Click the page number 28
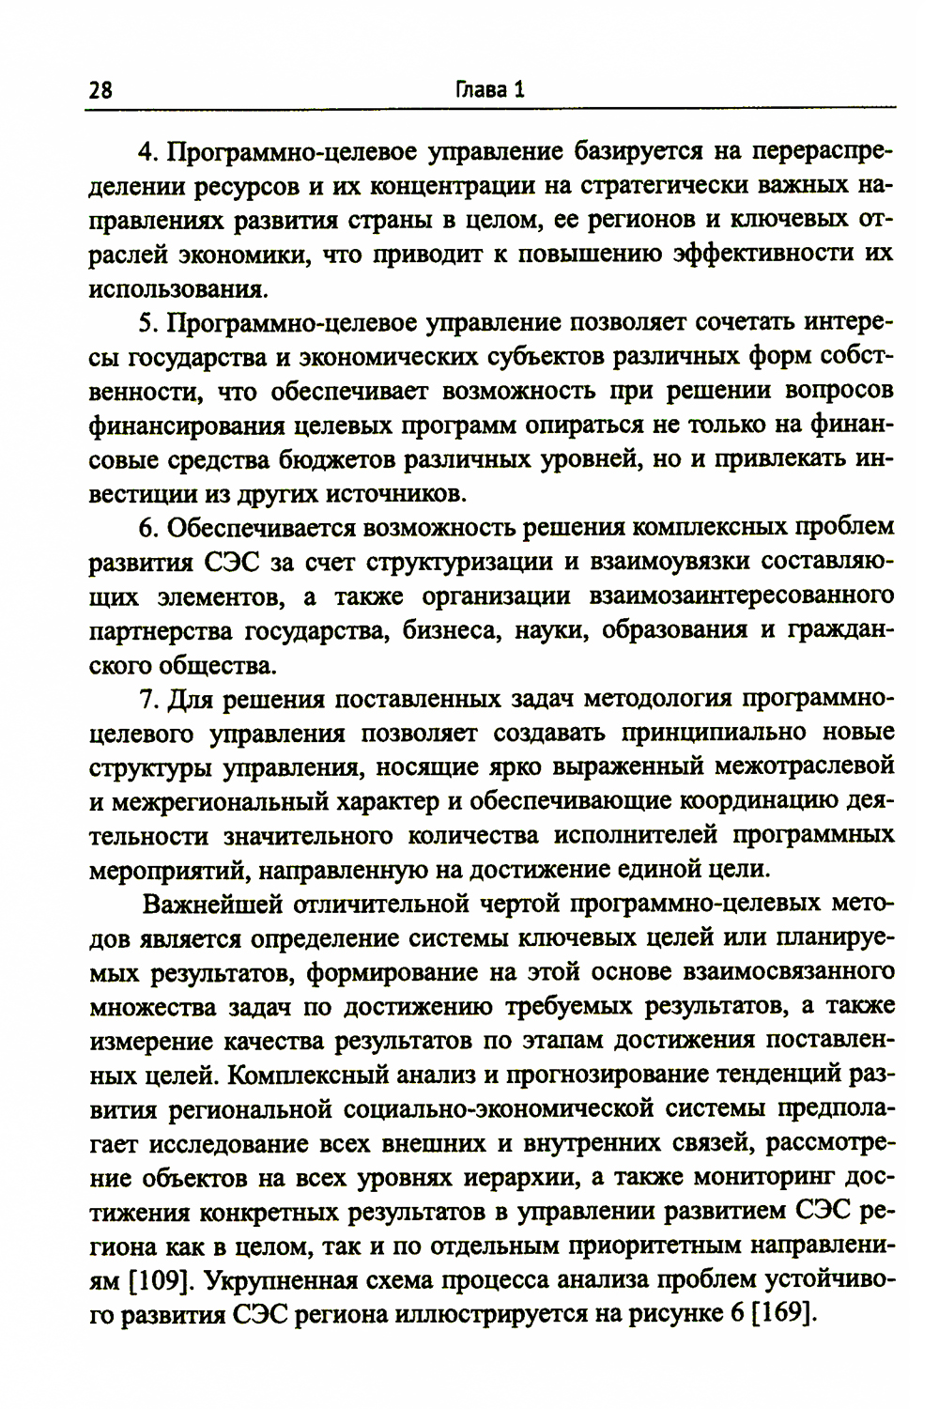click(100, 90)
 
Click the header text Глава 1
click(489, 89)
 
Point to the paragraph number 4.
click(146, 152)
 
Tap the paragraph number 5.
click(146, 323)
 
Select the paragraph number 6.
click(146, 528)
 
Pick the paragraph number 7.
click(146, 700)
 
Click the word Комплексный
click(309, 1074)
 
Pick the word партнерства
click(161, 630)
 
